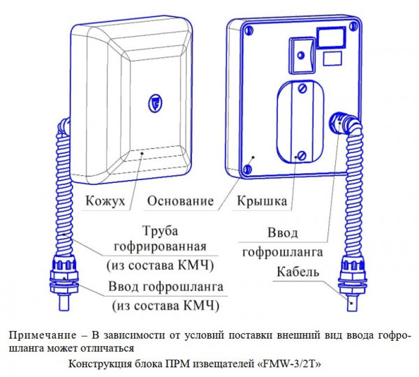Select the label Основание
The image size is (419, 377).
[x=180, y=201]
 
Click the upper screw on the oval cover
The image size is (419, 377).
[x=302, y=89]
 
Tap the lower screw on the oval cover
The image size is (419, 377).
[x=301, y=155]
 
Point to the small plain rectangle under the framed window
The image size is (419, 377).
[x=334, y=60]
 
